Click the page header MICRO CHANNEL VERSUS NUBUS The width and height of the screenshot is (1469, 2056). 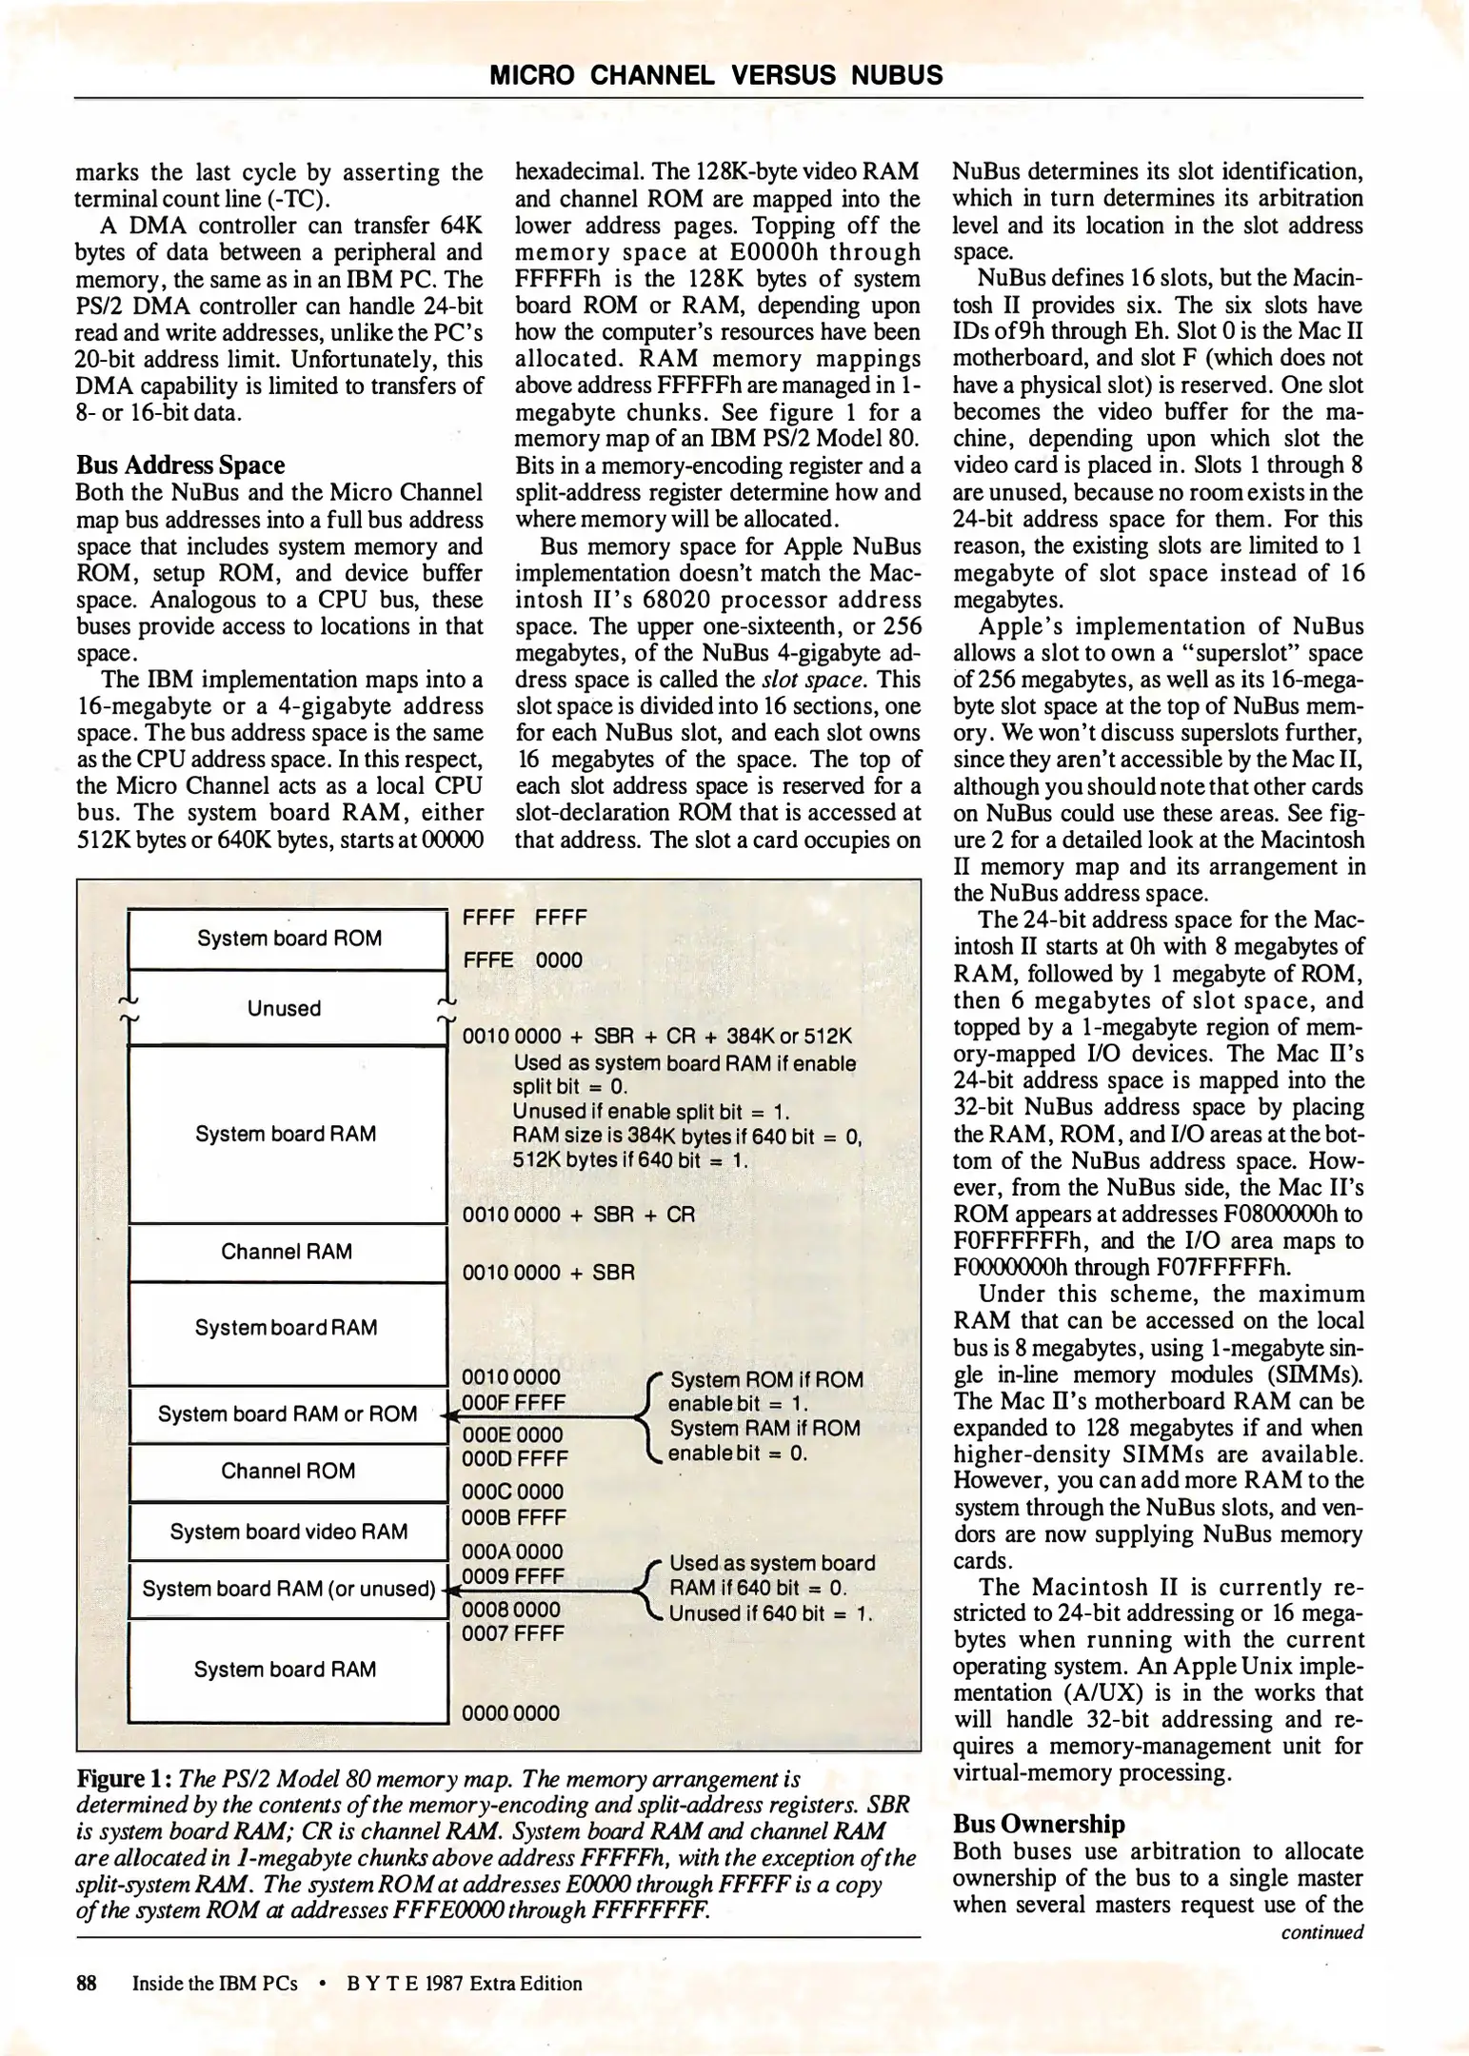[x=716, y=75]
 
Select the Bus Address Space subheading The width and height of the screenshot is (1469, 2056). [x=180, y=465]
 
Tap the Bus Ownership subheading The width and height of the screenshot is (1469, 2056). [x=1039, y=1824]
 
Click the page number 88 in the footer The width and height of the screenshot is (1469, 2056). [x=87, y=1984]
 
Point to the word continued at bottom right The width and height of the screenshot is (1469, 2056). [x=1321, y=1932]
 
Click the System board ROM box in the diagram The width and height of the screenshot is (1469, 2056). [x=288, y=939]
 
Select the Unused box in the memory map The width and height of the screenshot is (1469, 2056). [x=284, y=1008]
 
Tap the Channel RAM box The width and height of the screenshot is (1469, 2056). [x=287, y=1252]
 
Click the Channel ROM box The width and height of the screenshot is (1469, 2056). [x=288, y=1472]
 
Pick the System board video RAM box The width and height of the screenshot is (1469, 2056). [x=288, y=1532]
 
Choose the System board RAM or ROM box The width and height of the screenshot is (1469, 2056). [x=288, y=1414]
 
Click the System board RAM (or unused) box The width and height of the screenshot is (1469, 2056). [x=288, y=1589]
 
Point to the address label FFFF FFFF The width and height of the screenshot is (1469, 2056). [x=524, y=919]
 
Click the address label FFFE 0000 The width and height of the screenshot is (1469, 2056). [x=522, y=960]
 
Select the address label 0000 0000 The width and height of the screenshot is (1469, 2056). [x=510, y=1713]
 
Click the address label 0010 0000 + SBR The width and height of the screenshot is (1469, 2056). [x=547, y=1273]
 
